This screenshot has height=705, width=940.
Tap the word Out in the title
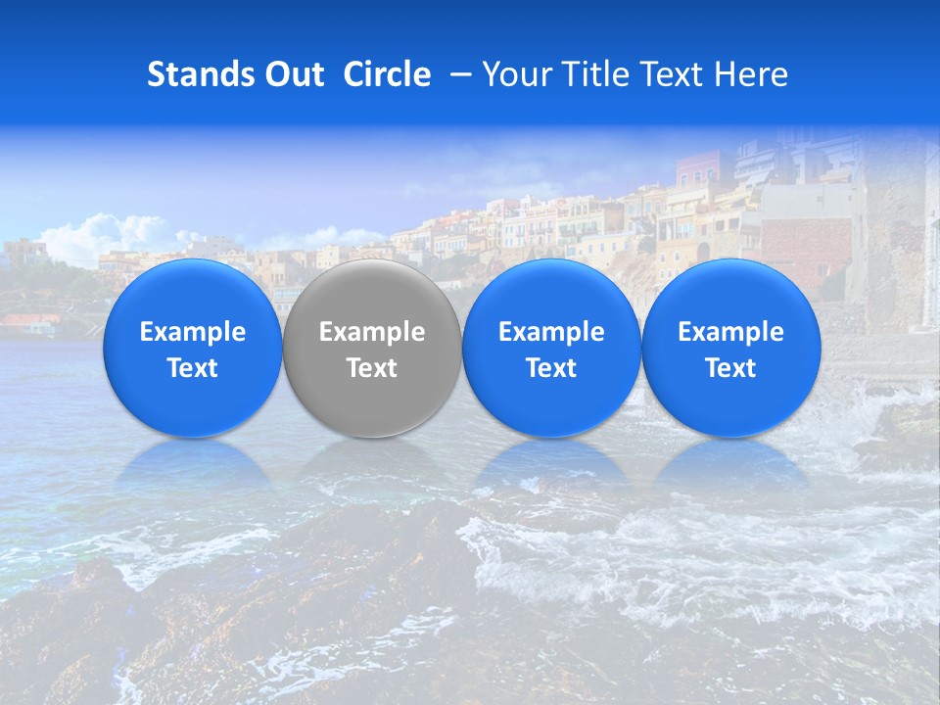291,74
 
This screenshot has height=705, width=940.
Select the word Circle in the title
387,74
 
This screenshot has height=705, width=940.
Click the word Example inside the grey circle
372,332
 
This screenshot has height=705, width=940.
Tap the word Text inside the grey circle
372,368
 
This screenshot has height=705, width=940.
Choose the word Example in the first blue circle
193,332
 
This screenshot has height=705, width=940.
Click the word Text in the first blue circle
193,368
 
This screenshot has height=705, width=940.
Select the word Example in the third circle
551,332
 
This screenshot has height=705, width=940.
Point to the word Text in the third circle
551,368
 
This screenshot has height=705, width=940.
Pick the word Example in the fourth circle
730,332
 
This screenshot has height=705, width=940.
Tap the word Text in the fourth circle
730,368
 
